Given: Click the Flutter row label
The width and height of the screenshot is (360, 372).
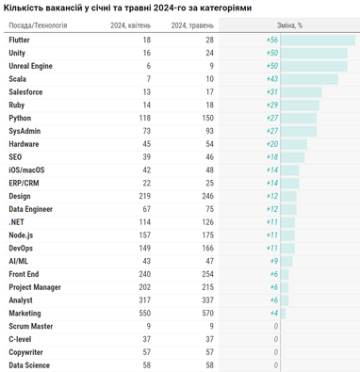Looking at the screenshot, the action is [19, 40].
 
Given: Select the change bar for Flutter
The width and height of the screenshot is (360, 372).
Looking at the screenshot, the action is [318, 40].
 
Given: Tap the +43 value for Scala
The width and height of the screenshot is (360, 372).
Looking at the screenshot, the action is [272, 79].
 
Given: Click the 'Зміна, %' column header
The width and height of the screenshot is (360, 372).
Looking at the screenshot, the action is [289, 25].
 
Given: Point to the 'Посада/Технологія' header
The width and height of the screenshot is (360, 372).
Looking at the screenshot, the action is [38, 25].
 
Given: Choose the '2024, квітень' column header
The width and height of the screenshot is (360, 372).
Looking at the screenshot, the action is [130, 25].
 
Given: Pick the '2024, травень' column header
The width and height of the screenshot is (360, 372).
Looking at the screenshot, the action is [192, 25].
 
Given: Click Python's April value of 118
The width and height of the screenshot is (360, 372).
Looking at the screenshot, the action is [145, 118].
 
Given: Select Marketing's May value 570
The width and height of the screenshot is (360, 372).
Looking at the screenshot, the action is [207, 314].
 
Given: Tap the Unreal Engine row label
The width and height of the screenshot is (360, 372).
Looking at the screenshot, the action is [30, 66].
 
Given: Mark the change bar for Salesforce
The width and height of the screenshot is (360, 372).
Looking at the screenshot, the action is [301, 92].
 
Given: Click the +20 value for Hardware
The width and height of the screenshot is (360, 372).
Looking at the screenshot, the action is [272, 144].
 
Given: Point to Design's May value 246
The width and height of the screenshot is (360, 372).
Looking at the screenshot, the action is [207, 196].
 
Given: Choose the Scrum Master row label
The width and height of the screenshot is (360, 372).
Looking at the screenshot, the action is [31, 326].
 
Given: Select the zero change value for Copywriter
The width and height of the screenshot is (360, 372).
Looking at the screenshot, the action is [276, 352].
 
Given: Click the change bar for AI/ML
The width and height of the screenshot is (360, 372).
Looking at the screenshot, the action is [286, 261].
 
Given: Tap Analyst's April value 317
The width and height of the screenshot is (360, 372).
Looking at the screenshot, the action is [145, 300].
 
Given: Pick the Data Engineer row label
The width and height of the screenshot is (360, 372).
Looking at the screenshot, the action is [30, 209].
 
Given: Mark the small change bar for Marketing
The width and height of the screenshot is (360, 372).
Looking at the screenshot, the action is [283, 314].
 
